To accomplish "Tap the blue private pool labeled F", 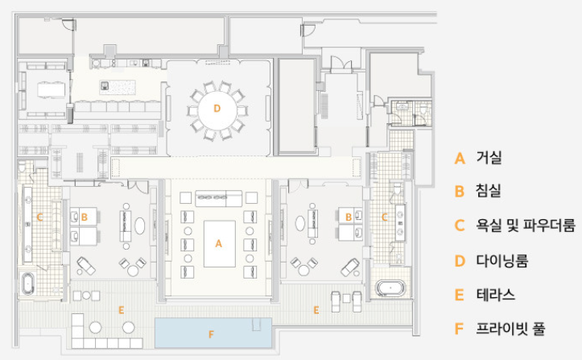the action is (213, 333).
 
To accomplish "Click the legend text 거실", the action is (489, 158).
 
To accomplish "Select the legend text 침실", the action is (489, 191).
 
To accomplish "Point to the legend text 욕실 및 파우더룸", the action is (526, 226).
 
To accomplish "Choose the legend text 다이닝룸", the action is (502, 260).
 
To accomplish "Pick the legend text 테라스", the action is (496, 295).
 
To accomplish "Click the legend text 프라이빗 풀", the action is (510, 329).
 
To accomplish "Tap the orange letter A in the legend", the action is (460, 159).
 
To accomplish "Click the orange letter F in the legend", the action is (459, 329).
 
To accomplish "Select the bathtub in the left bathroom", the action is (28, 283).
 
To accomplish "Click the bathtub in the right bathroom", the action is (390, 288).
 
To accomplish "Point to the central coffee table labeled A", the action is (220, 244).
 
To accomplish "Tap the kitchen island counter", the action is (118, 87).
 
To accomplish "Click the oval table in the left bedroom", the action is (139, 226).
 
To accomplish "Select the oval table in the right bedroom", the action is (300, 224).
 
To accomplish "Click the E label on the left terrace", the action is (121, 309).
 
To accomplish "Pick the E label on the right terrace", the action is (316, 310).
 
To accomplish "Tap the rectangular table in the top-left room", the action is (52, 89).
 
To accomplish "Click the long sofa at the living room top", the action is (219, 198).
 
